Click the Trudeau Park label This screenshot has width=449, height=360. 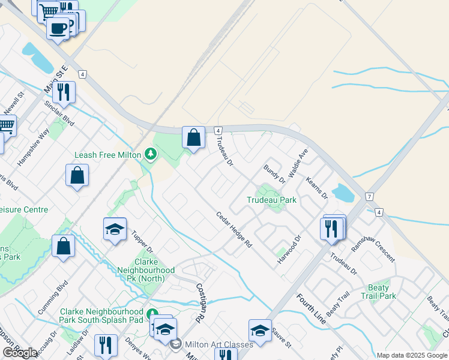tap(271, 200)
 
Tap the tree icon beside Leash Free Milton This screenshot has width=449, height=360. tap(150, 155)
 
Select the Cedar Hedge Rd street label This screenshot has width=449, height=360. tap(234, 230)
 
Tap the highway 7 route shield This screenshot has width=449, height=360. tap(369, 197)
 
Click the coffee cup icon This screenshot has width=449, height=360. tap(58, 28)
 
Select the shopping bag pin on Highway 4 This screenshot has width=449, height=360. tap(194, 138)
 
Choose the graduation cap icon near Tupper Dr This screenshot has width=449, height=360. tap(115, 229)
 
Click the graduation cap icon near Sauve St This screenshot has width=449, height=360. tap(260, 331)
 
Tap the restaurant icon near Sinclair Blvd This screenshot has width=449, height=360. tap(63, 92)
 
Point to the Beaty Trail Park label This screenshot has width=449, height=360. tap(379, 292)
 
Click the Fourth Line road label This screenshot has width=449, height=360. tap(311, 309)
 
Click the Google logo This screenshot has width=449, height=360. tap(20, 353)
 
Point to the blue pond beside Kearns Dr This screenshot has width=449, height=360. tap(343, 193)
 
